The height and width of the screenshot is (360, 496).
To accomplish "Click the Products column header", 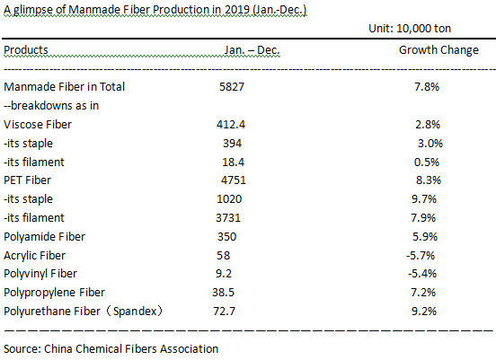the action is [x=26, y=50].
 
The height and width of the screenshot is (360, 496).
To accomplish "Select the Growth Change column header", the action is [x=438, y=50].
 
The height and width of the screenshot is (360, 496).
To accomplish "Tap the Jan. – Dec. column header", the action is [x=252, y=50].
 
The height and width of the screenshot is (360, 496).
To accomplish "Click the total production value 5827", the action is [x=232, y=86].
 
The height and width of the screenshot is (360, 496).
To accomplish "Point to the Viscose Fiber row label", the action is [x=38, y=125].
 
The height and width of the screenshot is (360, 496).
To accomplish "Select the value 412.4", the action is [x=231, y=125].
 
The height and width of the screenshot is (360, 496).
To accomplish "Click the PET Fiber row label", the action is [x=27, y=180].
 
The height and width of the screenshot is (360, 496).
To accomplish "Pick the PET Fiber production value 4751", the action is [x=234, y=180].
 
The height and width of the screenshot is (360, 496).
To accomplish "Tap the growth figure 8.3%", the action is [x=429, y=180].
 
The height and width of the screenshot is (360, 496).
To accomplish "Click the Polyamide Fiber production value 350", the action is [x=226, y=237].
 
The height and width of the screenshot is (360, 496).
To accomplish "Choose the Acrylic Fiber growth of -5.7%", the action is [x=421, y=255].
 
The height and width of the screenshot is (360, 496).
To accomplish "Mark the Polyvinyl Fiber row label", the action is [x=40, y=274].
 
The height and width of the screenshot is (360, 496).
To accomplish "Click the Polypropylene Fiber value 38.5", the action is [x=224, y=293].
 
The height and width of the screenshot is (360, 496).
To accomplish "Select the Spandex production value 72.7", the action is [x=225, y=312].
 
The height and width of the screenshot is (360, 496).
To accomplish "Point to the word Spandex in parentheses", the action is [x=135, y=312].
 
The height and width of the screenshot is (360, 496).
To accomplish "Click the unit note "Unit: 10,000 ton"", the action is [x=410, y=29].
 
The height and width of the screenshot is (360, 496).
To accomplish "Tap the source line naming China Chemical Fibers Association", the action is [x=111, y=349].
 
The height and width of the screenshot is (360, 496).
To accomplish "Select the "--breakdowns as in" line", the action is [x=51, y=106].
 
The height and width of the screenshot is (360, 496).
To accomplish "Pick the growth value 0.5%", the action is [x=427, y=162].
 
